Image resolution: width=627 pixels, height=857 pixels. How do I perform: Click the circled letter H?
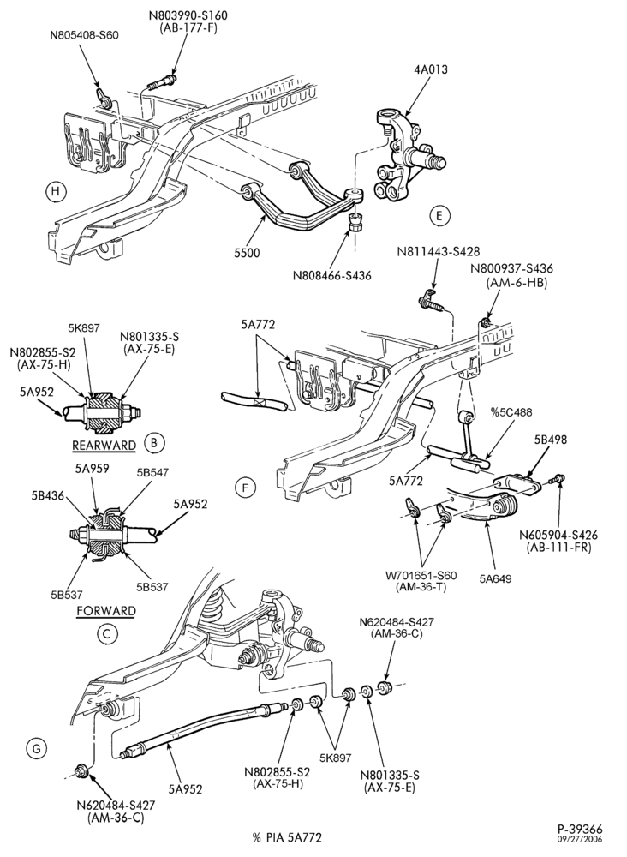coord(54,191)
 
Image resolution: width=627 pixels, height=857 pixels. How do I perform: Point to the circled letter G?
coord(37,749)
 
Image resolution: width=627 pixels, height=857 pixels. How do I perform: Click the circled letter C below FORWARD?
coord(106,633)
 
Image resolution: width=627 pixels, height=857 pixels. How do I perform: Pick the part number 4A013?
coord(430,69)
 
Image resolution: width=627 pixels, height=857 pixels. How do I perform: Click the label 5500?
coord(248,253)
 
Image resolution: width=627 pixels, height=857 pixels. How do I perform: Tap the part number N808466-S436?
coord(331,275)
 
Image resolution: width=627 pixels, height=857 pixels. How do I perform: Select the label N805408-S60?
coord(84,35)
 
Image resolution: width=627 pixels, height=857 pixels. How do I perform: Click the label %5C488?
coord(511,412)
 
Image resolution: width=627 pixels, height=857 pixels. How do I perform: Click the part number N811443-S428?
coord(439,251)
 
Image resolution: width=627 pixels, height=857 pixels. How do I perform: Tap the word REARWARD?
coord(104,446)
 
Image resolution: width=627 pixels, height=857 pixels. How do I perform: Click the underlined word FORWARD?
coord(106,610)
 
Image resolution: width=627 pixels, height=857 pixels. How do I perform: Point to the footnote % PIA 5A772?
coord(287,836)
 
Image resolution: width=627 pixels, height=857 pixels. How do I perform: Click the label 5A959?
coord(92,468)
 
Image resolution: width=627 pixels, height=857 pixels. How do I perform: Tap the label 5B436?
coord(47,495)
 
